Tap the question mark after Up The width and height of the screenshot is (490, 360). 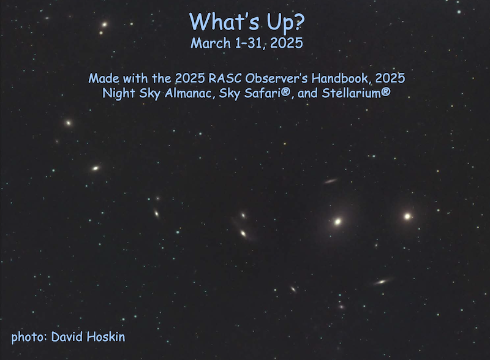click(x=299, y=21)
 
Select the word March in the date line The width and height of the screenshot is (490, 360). click(x=211, y=43)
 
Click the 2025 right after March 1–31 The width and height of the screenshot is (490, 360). click(x=287, y=43)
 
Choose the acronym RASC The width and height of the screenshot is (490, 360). click(x=225, y=78)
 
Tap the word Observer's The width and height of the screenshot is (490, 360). click(x=276, y=78)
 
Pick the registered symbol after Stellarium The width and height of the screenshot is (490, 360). click(x=386, y=92)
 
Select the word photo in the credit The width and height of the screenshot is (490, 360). click(x=29, y=337)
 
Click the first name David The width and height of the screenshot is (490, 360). click(x=67, y=337)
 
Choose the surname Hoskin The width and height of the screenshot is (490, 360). click(x=106, y=337)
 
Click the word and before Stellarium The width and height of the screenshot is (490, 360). click(x=308, y=93)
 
